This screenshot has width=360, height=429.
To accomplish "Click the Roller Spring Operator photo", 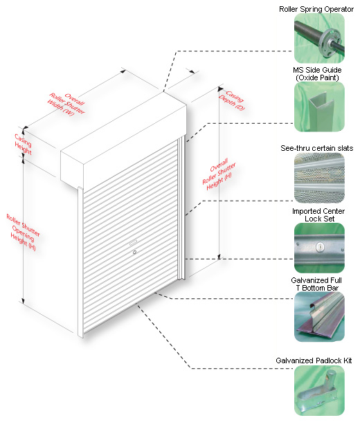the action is (319, 38).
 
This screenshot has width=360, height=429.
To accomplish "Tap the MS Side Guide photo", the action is (319, 107).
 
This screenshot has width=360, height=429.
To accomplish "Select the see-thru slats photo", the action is (319, 178).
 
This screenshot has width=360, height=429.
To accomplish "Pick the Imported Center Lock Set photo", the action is (319, 248).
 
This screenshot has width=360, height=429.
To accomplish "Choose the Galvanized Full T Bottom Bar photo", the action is (319, 317).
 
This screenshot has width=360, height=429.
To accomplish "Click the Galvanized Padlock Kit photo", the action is (319, 391).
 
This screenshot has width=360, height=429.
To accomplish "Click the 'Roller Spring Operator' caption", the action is (316, 9).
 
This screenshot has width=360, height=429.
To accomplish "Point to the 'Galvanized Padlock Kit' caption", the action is (314, 360).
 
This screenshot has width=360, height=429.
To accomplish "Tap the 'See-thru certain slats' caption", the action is (317, 148).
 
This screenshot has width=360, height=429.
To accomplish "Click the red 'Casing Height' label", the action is (24, 144).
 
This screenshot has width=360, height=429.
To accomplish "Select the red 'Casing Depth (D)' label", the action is (232, 100).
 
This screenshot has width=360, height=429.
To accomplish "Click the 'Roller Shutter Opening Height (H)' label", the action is (23, 232).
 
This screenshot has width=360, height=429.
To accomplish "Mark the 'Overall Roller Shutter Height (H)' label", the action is (219, 174).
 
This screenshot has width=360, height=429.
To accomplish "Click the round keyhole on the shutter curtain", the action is (134, 253).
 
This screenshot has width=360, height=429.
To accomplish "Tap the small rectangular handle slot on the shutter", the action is (134, 242).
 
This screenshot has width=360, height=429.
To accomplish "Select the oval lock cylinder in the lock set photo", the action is (319, 247).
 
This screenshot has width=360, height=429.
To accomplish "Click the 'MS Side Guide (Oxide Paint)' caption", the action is (317, 74).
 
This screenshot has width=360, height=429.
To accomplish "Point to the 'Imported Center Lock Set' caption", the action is (318, 215).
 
